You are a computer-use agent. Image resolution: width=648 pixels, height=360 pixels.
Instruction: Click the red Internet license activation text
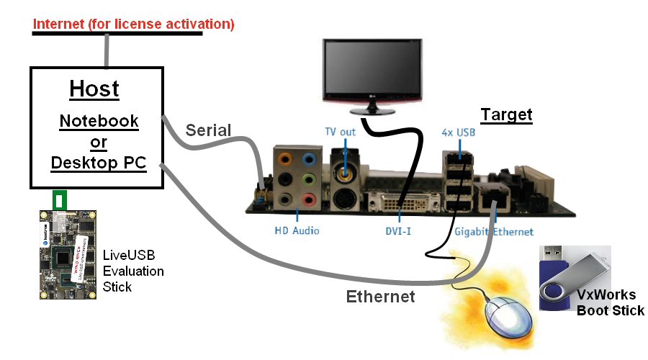134,24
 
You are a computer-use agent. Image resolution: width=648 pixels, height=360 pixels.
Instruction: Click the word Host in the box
94,89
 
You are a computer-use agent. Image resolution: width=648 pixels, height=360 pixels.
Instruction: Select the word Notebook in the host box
99,120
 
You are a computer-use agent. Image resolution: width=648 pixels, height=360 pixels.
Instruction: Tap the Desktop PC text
99,163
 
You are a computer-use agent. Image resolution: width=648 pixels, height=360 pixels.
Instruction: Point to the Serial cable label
209,130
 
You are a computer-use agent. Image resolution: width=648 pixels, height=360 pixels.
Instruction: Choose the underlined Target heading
506,114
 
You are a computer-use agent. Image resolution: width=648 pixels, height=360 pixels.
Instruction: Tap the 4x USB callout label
459,132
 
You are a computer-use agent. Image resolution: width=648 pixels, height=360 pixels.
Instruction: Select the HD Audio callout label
297,231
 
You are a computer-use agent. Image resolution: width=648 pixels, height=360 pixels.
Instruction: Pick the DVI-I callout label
400,231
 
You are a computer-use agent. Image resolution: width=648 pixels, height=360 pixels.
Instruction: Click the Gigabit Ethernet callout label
494,231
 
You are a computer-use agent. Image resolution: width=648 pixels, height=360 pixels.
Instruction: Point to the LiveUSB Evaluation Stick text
133,271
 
